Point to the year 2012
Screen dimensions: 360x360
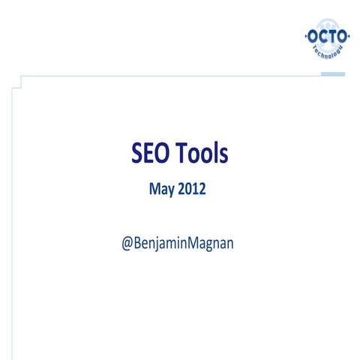pyautogui.click(x=191, y=190)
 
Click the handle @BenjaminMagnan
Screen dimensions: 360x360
pyautogui.click(x=178, y=245)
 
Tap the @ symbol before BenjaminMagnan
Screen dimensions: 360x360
pyautogui.click(x=128, y=245)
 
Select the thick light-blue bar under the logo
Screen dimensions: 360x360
pyautogui.click(x=332, y=73)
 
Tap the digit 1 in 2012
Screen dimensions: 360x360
pyautogui.click(x=195, y=190)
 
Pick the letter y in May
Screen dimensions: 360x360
pyautogui.click(x=171, y=192)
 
